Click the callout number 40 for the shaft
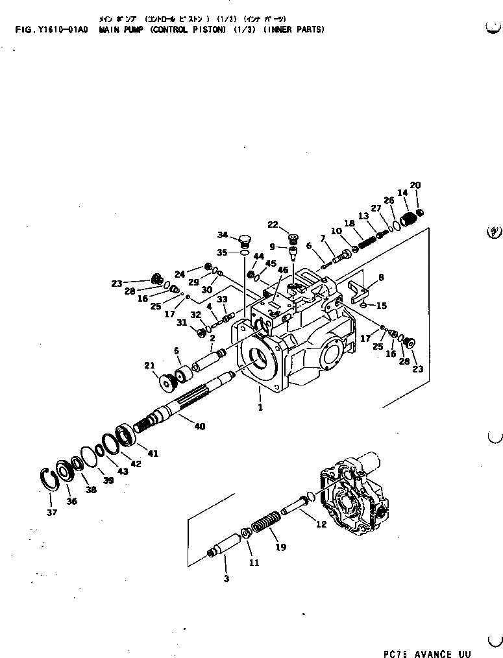[x=199, y=426]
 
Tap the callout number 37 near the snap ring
[x=52, y=512]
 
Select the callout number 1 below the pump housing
[x=260, y=408]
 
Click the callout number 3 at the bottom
[x=226, y=578]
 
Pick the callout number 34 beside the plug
[x=223, y=235]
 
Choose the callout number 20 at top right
[x=415, y=186]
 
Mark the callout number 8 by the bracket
[x=380, y=277]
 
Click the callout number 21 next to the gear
[x=150, y=365]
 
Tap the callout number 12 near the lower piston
[x=321, y=524]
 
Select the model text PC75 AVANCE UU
[x=426, y=653]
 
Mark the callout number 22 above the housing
[x=273, y=225]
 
